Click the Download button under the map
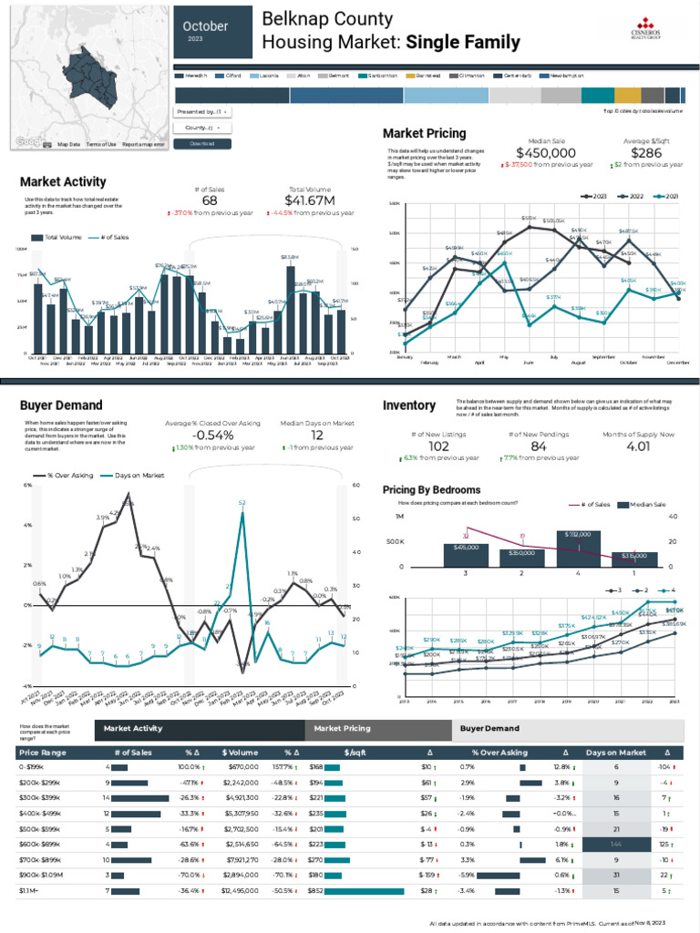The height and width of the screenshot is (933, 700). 201,144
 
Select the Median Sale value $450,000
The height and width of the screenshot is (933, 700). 546,153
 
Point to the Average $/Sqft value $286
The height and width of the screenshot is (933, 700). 648,153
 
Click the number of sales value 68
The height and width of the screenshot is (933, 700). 210,200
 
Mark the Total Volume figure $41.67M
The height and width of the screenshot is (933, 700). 310,200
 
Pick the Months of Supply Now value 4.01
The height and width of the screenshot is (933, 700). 638,446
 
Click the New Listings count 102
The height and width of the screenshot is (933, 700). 439,446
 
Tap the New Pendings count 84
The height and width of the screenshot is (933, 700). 539,446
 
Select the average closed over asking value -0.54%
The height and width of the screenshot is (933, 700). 212,436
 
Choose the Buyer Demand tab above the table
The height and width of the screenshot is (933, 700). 489,729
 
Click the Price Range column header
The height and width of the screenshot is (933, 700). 43,753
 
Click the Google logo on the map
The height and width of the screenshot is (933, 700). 29,142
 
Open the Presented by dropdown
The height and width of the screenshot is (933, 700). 201,111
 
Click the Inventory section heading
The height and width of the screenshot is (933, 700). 409,405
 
